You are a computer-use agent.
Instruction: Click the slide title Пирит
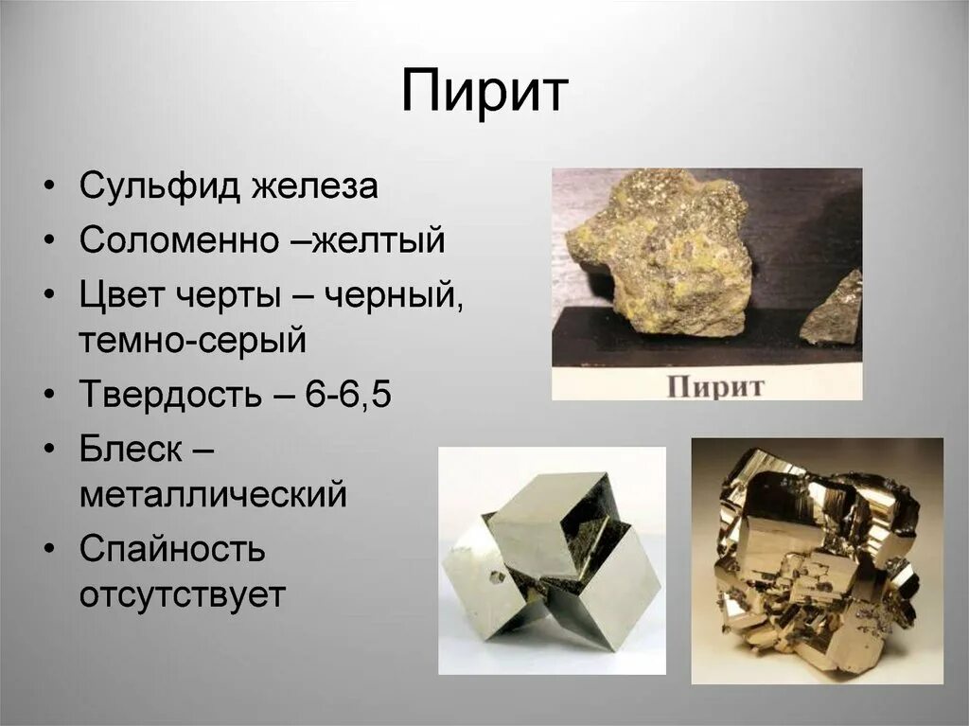tap(484, 93)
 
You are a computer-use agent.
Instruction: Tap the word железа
tap(315, 186)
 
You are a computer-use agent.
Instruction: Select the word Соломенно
tap(178, 240)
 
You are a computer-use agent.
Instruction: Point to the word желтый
tap(379, 240)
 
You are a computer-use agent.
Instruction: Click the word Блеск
tap(131, 449)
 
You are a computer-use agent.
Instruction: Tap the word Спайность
tap(172, 549)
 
